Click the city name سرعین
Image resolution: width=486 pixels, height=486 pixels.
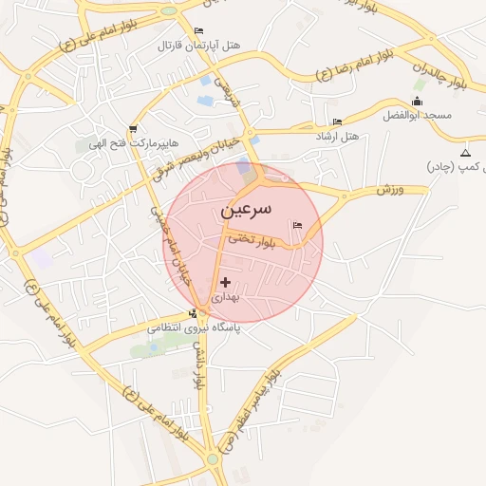[x=246, y=208]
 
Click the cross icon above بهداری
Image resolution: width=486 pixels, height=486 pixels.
[x=225, y=282]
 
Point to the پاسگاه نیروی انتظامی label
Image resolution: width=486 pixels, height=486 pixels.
[x=194, y=327]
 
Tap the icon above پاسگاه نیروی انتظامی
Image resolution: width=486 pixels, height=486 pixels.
[x=194, y=313]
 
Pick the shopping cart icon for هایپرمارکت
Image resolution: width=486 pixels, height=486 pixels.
[x=132, y=129]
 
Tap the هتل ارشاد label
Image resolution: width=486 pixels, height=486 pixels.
[x=338, y=137]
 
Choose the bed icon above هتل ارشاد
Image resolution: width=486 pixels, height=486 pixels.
[x=338, y=122]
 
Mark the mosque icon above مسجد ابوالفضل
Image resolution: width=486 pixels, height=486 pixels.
[x=419, y=101]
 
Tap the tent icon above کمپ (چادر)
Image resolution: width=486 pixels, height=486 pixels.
[x=465, y=153]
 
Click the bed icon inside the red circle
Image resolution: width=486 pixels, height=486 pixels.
[x=298, y=225]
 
